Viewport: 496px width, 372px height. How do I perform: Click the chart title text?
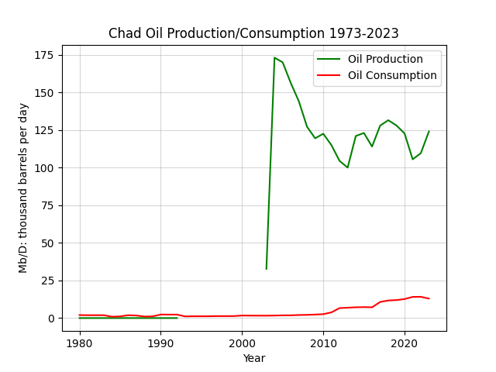click(253, 33)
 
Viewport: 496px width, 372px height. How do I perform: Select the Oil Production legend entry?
click(370, 59)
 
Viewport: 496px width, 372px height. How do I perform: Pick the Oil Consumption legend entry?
click(377, 75)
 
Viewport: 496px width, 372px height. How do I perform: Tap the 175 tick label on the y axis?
click(44, 55)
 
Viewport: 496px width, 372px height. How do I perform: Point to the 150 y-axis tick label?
click(44, 93)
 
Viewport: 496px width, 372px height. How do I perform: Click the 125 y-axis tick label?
click(44, 130)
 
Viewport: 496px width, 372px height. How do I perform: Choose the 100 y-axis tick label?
click(44, 168)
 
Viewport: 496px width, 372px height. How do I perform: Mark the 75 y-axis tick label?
click(47, 205)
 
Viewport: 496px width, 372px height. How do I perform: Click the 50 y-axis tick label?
click(47, 243)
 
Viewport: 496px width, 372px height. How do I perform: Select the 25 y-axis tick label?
click(47, 281)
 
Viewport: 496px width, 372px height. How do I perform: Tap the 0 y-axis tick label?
click(50, 319)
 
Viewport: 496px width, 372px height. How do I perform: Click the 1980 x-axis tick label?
click(80, 343)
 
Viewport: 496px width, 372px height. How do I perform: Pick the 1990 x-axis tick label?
click(160, 343)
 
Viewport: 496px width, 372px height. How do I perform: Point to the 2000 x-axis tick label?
click(242, 343)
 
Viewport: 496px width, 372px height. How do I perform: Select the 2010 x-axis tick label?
click(323, 343)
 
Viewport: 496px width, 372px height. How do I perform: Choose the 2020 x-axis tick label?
click(405, 343)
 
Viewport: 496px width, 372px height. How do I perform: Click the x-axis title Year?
click(254, 358)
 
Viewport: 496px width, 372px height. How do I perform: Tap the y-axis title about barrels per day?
click(23, 188)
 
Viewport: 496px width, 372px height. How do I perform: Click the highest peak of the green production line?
click(274, 57)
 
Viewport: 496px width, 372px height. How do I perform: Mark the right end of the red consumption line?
click(429, 298)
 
